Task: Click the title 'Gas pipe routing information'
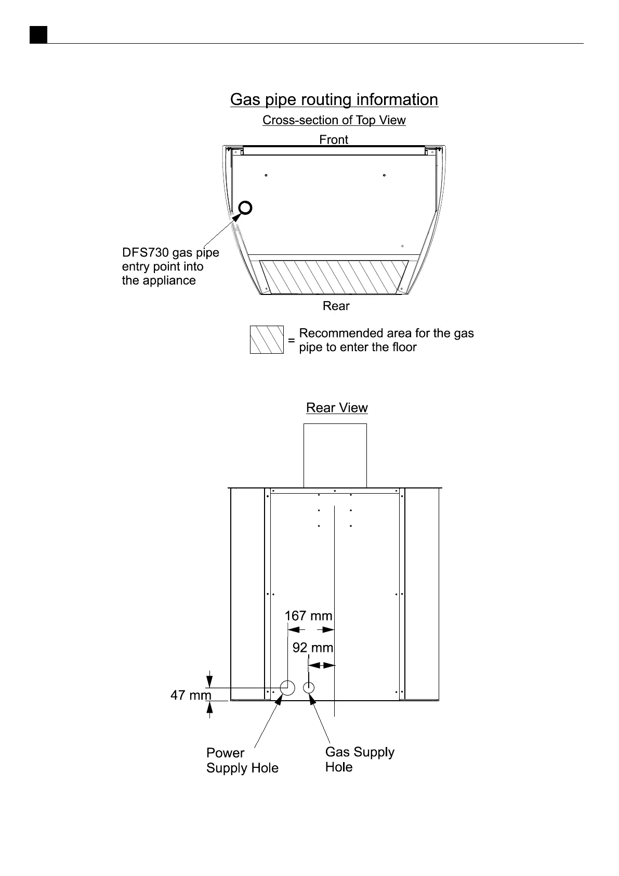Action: pyautogui.click(x=334, y=99)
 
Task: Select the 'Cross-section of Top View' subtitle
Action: pyautogui.click(x=334, y=120)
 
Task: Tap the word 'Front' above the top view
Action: pyautogui.click(x=334, y=139)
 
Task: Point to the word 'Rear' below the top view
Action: pyautogui.click(x=336, y=306)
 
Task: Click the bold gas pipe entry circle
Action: pyautogui.click(x=245, y=208)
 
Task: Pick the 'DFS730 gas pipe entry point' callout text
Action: pyautogui.click(x=170, y=266)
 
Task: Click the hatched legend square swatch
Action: pyautogui.click(x=267, y=340)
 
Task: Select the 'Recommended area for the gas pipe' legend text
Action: pyautogui.click(x=386, y=340)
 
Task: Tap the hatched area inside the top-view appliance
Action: pyautogui.click(x=334, y=276)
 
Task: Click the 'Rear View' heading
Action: pyautogui.click(x=337, y=408)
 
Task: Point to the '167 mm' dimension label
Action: pyautogui.click(x=308, y=616)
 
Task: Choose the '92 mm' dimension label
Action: pyautogui.click(x=312, y=648)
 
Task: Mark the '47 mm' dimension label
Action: pyautogui.click(x=191, y=695)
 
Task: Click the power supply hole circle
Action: pyautogui.click(x=287, y=688)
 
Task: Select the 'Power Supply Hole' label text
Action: pyautogui.click(x=242, y=761)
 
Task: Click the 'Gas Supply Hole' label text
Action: pyautogui.click(x=359, y=759)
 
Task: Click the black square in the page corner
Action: pyautogui.click(x=38, y=34)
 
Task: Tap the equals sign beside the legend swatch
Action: pyautogui.click(x=291, y=340)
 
